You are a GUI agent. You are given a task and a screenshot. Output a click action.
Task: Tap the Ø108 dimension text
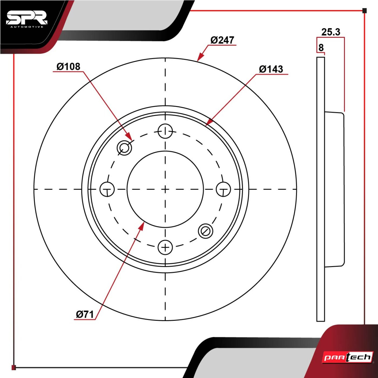tap(69, 66)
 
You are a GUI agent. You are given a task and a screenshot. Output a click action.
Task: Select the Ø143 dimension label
tap(271, 69)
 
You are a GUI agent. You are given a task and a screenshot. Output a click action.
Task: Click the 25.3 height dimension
tap(331, 32)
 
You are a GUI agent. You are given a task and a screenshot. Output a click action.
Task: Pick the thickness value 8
tap(321, 48)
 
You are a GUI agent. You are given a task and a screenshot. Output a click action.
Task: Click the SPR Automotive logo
tap(27, 20)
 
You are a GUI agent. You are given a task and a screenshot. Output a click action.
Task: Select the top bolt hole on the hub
tap(165, 131)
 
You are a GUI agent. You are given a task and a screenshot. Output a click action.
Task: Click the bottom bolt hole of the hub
tap(165, 247)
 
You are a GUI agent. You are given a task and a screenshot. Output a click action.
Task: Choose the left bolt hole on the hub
tap(107, 189)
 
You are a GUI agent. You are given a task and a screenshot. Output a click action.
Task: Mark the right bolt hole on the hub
tap(223, 189)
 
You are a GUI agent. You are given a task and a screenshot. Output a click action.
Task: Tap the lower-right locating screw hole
tap(205, 231)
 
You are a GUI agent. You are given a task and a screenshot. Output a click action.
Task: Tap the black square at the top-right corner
tap(364, 11)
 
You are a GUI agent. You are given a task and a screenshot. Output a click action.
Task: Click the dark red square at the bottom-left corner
tap(14, 367)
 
